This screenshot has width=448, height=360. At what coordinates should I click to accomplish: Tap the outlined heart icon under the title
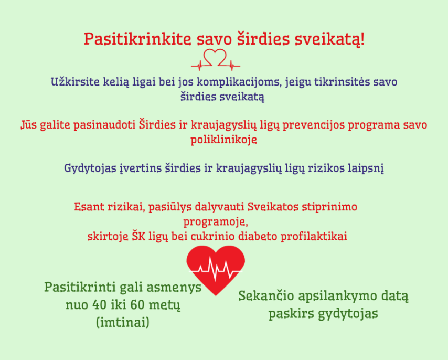tap(216, 59)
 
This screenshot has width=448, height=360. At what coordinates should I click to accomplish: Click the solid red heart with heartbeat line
tap(216, 270)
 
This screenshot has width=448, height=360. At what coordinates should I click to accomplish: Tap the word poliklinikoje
tap(223, 140)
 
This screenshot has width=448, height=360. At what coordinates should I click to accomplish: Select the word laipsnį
tap(366, 168)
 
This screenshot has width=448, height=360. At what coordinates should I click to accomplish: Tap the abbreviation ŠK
tap(138, 236)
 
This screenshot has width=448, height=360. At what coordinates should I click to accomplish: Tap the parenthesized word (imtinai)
tap(123, 323)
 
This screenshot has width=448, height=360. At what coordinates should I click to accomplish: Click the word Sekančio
tap(266, 296)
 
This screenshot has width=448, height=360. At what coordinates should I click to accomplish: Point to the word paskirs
tap(290, 314)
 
